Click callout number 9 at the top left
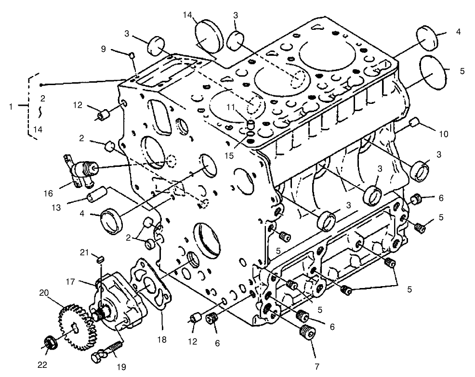(x=103, y=48)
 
